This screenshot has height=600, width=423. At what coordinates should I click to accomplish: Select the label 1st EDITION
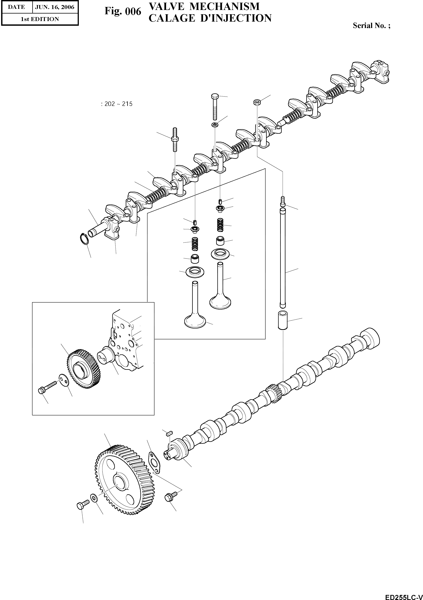pos(40,19)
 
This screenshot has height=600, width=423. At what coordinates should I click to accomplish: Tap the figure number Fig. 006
pos(123,11)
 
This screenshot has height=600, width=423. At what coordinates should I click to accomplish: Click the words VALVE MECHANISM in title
pos(204,6)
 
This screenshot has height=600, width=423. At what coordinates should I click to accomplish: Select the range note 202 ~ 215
pos(117,104)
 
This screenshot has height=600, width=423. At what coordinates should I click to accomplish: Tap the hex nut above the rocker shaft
pos(256,102)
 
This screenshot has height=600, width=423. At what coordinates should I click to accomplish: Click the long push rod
pos(282,259)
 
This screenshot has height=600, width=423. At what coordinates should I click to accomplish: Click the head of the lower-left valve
pos(195,322)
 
